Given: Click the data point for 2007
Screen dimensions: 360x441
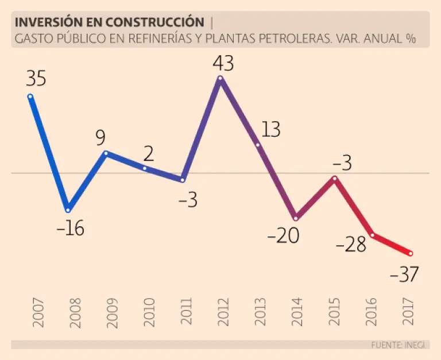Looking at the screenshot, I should (x=30, y=96).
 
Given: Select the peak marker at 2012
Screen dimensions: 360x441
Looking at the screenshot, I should (x=220, y=78).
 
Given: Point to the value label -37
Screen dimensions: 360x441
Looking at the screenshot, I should (x=404, y=275).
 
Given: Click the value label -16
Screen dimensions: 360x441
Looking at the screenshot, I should (x=70, y=229).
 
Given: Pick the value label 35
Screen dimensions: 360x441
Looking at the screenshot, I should (x=36, y=79).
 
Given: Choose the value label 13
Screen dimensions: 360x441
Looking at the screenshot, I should (x=270, y=130).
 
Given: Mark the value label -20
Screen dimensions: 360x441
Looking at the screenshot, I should (x=283, y=235).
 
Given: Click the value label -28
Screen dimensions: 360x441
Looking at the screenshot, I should (x=351, y=245).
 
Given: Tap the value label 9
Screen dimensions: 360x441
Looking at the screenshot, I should (x=100, y=138).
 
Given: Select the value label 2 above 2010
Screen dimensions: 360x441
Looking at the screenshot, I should (x=149, y=154).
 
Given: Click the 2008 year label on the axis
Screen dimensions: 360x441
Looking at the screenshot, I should (x=75, y=313).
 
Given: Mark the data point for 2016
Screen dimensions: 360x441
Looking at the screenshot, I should (x=373, y=234).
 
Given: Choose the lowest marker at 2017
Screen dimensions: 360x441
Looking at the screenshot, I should (x=410, y=253).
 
